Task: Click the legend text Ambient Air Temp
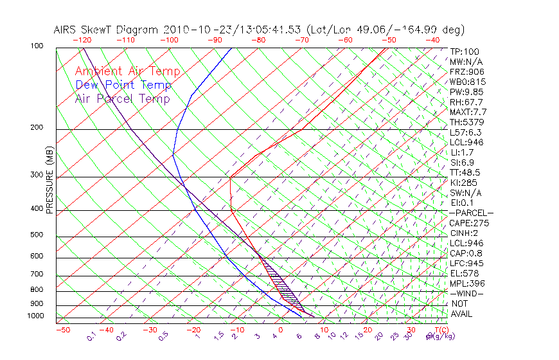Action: pos(127,71)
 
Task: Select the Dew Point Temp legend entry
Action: pos(123,85)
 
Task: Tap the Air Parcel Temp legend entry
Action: pos(122,98)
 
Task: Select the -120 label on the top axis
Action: pos(82,40)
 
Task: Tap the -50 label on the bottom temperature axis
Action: pos(62,330)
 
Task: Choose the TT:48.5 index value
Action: pos(466,172)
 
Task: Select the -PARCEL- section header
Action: pos(471,213)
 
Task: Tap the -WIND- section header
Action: pos(466,293)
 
